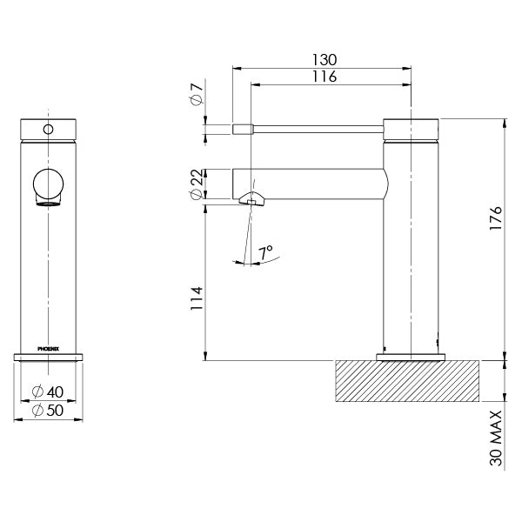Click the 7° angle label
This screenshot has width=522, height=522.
coord(265,251)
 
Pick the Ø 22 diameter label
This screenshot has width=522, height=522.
coord(197,182)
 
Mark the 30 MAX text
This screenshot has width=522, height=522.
coord(496,440)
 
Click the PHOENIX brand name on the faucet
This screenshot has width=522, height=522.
coord(49,346)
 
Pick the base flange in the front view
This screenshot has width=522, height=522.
coord(49,355)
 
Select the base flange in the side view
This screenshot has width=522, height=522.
coord(411,356)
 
